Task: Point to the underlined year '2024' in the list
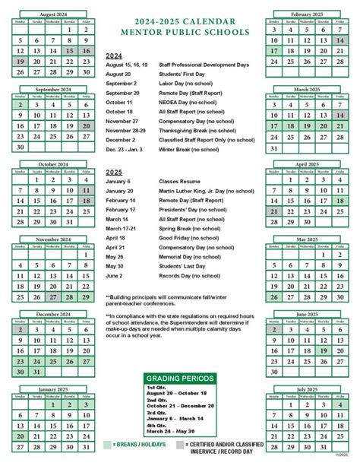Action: point(115,56)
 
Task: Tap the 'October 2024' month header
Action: point(51,163)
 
